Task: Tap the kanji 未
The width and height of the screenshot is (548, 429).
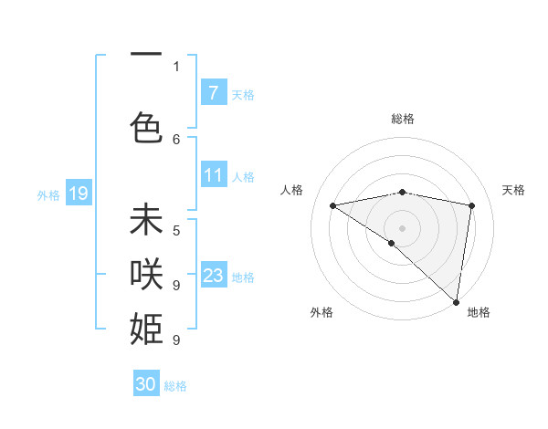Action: (146, 221)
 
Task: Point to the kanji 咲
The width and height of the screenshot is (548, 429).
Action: (146, 273)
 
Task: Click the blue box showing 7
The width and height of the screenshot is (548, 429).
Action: (213, 92)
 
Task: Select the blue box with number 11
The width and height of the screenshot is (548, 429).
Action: (213, 175)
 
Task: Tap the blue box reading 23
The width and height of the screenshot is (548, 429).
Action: (213, 276)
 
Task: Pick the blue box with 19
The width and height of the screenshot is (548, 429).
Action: (78, 194)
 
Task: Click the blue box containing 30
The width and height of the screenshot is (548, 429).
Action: (146, 384)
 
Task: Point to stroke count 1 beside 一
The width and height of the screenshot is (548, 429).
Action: (176, 66)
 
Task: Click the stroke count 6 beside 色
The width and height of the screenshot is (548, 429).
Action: (176, 139)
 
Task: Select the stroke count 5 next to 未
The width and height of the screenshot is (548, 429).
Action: (176, 230)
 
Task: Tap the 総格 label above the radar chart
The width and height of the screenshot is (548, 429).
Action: (402, 119)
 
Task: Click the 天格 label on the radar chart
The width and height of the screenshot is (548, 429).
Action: (514, 190)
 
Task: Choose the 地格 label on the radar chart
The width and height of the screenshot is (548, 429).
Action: (479, 312)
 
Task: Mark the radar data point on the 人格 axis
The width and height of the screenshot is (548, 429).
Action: (332, 205)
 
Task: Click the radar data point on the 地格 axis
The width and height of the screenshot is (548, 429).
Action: (455, 301)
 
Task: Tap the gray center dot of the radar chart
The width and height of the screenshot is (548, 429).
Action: (402, 227)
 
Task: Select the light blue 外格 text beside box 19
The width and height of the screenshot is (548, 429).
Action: (48, 194)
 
